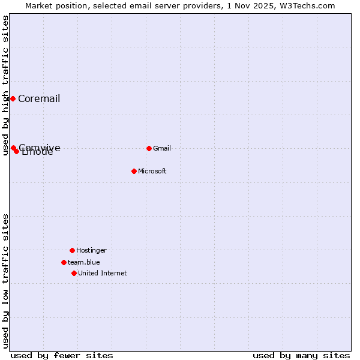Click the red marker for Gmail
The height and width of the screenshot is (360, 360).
[149, 148]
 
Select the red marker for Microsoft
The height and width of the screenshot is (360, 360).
[134, 171]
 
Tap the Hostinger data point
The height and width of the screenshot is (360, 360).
[72, 250]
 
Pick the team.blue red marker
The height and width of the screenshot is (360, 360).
[64, 262]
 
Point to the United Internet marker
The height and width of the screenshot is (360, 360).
[74, 273]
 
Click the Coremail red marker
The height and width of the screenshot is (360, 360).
[13, 98]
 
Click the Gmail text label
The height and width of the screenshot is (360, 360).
[162, 149]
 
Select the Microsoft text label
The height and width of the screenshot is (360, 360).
[152, 172]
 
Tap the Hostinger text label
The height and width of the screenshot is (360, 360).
[91, 251]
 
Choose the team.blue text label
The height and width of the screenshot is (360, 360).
[84, 263]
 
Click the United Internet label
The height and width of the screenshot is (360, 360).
[103, 274]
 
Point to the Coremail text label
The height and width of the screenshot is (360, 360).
[39, 99]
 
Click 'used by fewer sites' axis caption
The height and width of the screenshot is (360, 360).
[62, 355]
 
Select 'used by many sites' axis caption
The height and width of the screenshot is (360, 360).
[301, 355]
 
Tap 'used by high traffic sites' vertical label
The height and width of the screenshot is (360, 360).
[6, 85]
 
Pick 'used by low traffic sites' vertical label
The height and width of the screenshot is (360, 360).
[6, 281]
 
